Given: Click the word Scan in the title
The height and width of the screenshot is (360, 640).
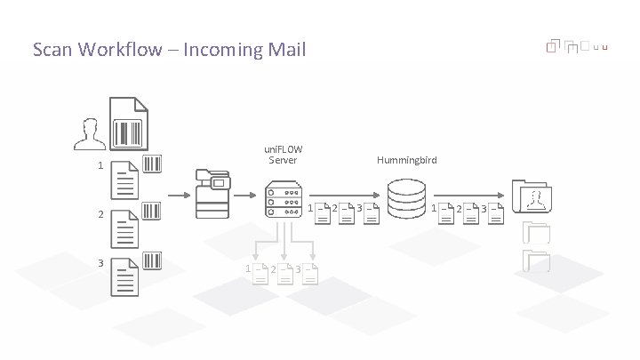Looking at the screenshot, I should pyautogui.click(x=52, y=50).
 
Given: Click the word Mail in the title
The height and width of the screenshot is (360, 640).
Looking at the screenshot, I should pyautogui.click(x=285, y=50).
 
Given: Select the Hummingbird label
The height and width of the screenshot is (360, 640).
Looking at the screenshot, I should pyautogui.click(x=406, y=160).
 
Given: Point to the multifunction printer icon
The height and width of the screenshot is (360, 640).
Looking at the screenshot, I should pyautogui.click(x=212, y=192).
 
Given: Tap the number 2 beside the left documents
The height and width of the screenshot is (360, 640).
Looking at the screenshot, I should pyautogui.click(x=100, y=215).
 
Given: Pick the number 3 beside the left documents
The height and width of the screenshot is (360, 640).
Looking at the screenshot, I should pyautogui.click(x=100, y=263).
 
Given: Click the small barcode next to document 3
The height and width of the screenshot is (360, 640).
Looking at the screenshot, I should pyautogui.click(x=152, y=260).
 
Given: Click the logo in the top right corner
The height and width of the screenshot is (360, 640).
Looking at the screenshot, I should pyautogui.click(x=578, y=46).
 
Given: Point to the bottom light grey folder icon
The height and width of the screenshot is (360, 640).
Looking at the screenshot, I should pyautogui.click(x=538, y=260).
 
